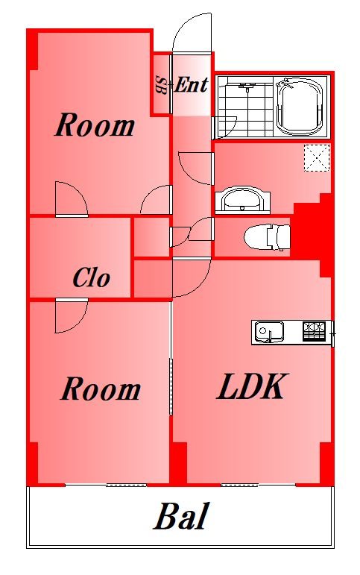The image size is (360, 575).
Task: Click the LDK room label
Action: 250,386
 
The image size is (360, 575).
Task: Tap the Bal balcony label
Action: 181,515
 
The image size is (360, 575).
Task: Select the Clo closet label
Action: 91,278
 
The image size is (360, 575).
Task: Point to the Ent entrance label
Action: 191,85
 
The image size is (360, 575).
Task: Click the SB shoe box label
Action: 161,85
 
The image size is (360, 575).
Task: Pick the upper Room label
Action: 95,125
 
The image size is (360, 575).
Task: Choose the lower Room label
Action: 100,389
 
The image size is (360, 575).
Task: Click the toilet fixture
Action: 267,237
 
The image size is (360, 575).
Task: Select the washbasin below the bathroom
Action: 242,200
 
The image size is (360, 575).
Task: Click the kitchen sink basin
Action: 270,332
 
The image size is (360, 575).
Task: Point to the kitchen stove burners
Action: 315,331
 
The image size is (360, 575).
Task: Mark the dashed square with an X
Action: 317,157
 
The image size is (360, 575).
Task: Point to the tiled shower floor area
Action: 246,107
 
